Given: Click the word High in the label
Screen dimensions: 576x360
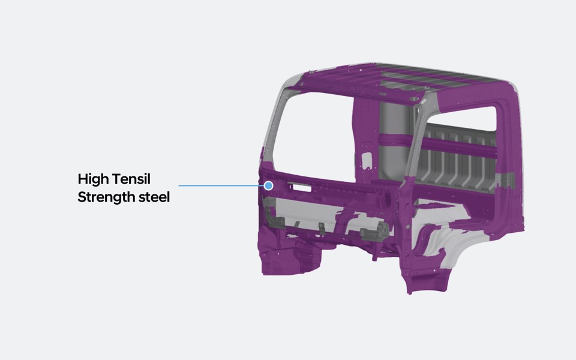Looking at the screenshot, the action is coord(94,179).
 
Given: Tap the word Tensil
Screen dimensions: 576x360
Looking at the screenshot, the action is coord(132,179).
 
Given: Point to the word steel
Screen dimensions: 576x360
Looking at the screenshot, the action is coord(154,197).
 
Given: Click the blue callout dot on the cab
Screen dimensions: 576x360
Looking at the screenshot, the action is coord(269,185).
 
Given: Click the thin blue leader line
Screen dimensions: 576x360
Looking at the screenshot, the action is coord(221,185).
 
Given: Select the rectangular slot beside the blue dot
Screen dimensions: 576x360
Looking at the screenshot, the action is coord(301,187).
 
